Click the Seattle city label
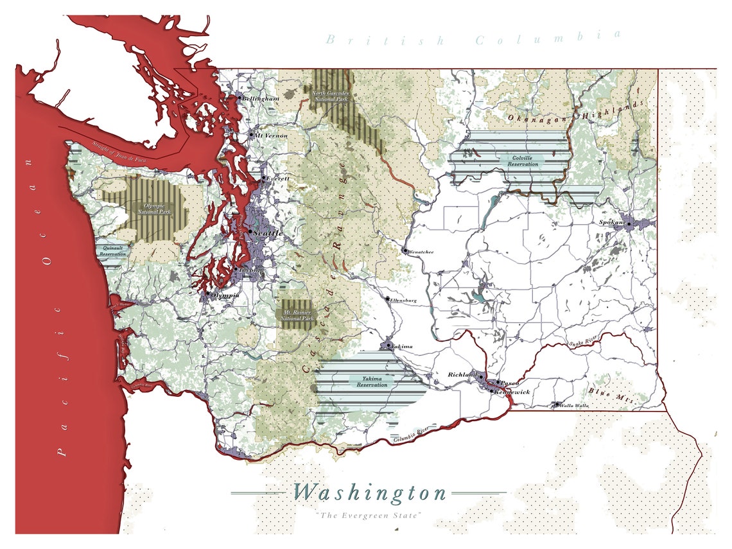[x=268, y=233]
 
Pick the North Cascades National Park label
[x=331, y=97]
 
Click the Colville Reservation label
[x=522, y=161]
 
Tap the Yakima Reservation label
[x=372, y=381]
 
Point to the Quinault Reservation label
[x=113, y=250]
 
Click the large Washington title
[x=370, y=492]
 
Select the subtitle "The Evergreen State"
[x=369, y=516]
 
